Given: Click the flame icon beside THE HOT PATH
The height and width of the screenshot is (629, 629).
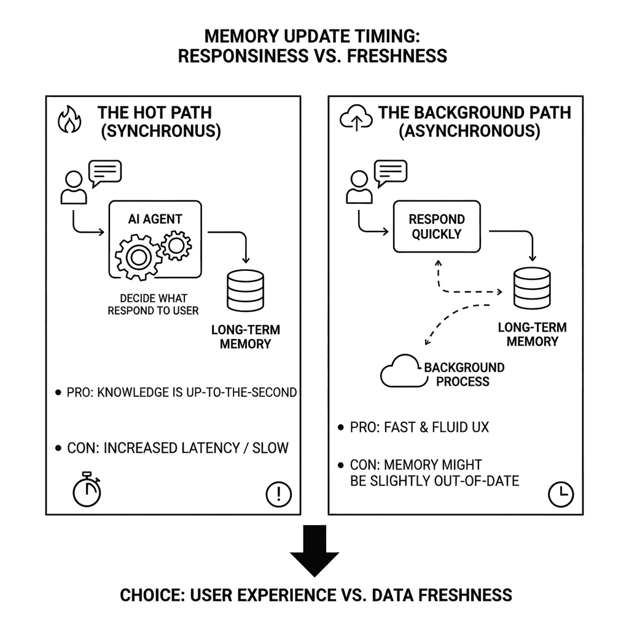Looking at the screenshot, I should click(x=69, y=120).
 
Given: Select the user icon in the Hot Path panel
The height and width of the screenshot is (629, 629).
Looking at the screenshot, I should click(x=73, y=187).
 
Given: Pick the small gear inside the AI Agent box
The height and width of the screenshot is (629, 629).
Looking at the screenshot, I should click(x=177, y=244).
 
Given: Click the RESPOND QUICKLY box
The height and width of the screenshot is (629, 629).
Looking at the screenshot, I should click(x=437, y=227).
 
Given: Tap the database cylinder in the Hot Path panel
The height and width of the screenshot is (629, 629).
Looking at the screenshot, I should click(x=245, y=291).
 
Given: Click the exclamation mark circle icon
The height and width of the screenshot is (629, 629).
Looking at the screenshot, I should click(x=279, y=493).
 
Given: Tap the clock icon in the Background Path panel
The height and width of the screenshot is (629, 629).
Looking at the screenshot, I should click(x=560, y=494).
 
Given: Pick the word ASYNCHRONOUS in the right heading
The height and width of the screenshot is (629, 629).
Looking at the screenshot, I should click(x=469, y=131).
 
